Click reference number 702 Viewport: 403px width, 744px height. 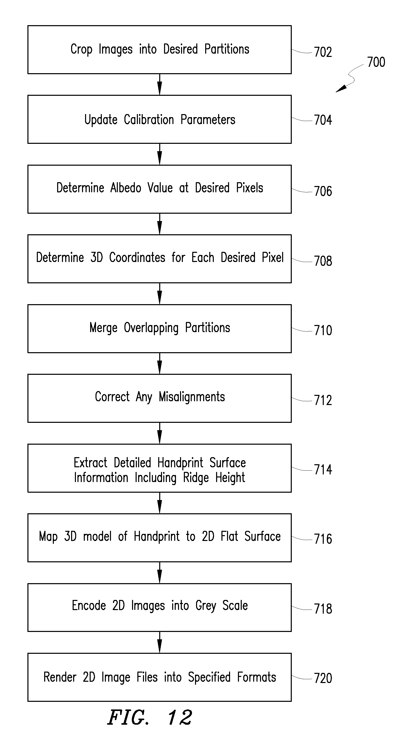(x=323, y=52)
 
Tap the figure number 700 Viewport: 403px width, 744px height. (x=376, y=62)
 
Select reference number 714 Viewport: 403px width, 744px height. (x=323, y=470)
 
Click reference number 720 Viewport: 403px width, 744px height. (x=323, y=678)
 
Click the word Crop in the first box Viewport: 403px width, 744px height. (x=82, y=49)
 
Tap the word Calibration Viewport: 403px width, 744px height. (x=149, y=120)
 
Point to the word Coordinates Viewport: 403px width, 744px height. (x=137, y=257)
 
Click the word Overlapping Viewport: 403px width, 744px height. (x=151, y=328)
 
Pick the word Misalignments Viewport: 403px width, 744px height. (x=192, y=397)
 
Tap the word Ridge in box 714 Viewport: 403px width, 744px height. (x=196, y=478)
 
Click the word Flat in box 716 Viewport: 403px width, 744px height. (x=230, y=536)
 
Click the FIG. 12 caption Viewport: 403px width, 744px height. (x=150, y=717)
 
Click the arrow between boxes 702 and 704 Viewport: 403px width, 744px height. (x=160, y=85)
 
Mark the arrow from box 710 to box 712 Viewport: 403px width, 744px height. (x=160, y=364)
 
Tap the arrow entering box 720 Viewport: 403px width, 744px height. (x=160, y=642)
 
